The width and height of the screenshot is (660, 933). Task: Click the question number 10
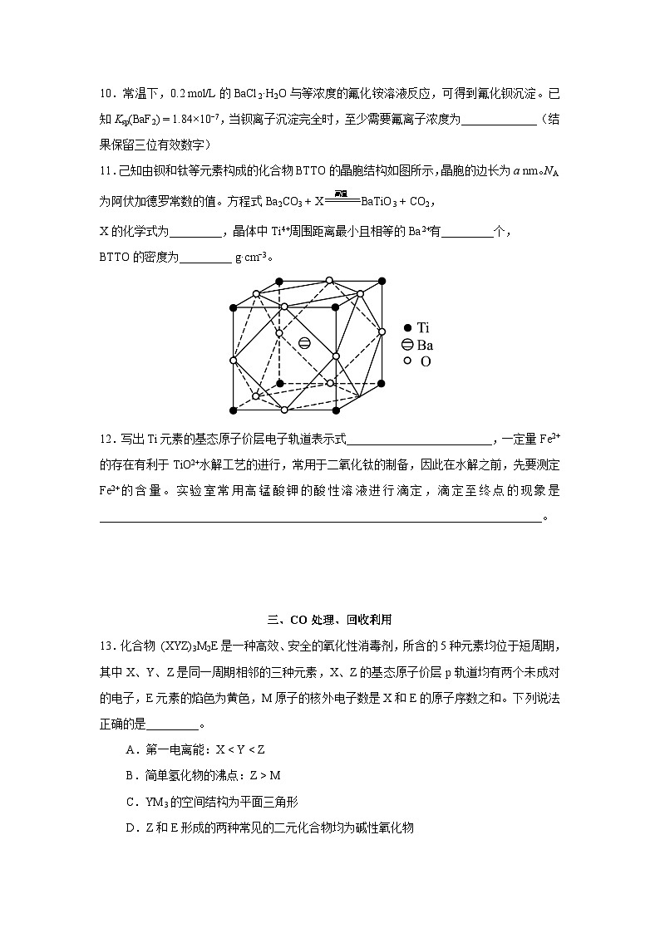[106, 94]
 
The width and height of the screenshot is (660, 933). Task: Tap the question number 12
[106, 439]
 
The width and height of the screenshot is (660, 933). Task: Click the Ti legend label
[424, 327]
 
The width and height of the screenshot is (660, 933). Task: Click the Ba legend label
[425, 345]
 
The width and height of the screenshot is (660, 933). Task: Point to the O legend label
[426, 362]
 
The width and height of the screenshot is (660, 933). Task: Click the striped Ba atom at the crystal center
[304, 343]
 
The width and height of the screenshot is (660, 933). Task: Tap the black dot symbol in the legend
[407, 327]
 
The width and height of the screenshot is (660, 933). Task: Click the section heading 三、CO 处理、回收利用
[329, 619]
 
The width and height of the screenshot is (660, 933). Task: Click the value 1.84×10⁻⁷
[198, 120]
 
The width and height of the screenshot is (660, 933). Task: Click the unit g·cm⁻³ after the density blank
[253, 257]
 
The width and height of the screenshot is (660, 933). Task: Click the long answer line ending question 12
[320, 521]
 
